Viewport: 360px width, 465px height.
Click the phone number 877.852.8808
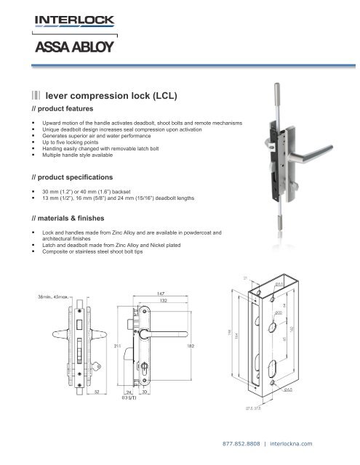(243, 443)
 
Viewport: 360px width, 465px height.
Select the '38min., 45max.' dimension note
(49, 296)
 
